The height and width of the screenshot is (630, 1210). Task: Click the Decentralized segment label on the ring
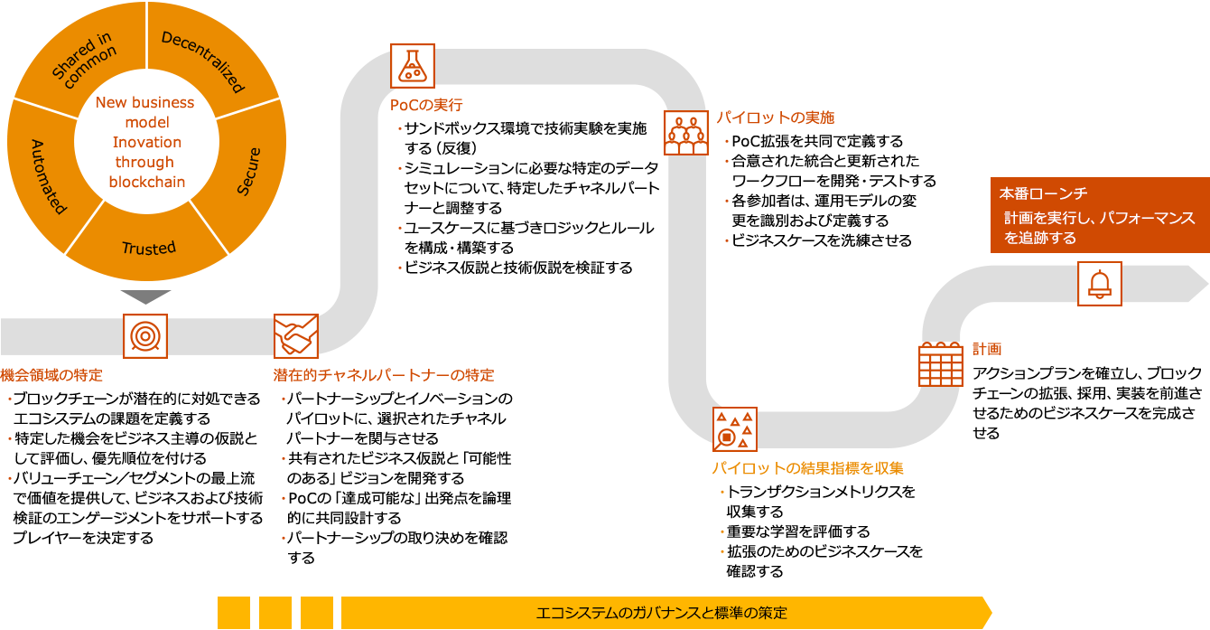click(203, 61)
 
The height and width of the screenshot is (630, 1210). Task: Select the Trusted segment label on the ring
click(149, 248)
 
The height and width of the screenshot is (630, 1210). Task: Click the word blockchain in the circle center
click(147, 182)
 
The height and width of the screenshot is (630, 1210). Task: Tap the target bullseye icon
click(144, 336)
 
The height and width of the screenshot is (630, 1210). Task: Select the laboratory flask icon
click(413, 66)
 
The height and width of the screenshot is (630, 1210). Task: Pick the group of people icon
click(686, 133)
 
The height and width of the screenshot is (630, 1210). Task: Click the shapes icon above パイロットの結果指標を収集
click(734, 429)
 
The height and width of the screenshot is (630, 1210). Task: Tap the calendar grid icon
click(941, 364)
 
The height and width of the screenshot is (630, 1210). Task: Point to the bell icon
click(1099, 284)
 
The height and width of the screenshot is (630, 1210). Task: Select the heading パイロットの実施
click(776, 118)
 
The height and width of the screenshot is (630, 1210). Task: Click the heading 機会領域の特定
click(51, 375)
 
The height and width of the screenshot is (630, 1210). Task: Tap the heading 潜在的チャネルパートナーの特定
click(384, 375)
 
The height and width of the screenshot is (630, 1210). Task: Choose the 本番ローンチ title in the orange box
click(1042, 193)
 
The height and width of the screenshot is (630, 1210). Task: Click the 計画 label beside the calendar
click(987, 349)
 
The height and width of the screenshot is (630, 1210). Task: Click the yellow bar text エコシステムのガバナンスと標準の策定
click(661, 613)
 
